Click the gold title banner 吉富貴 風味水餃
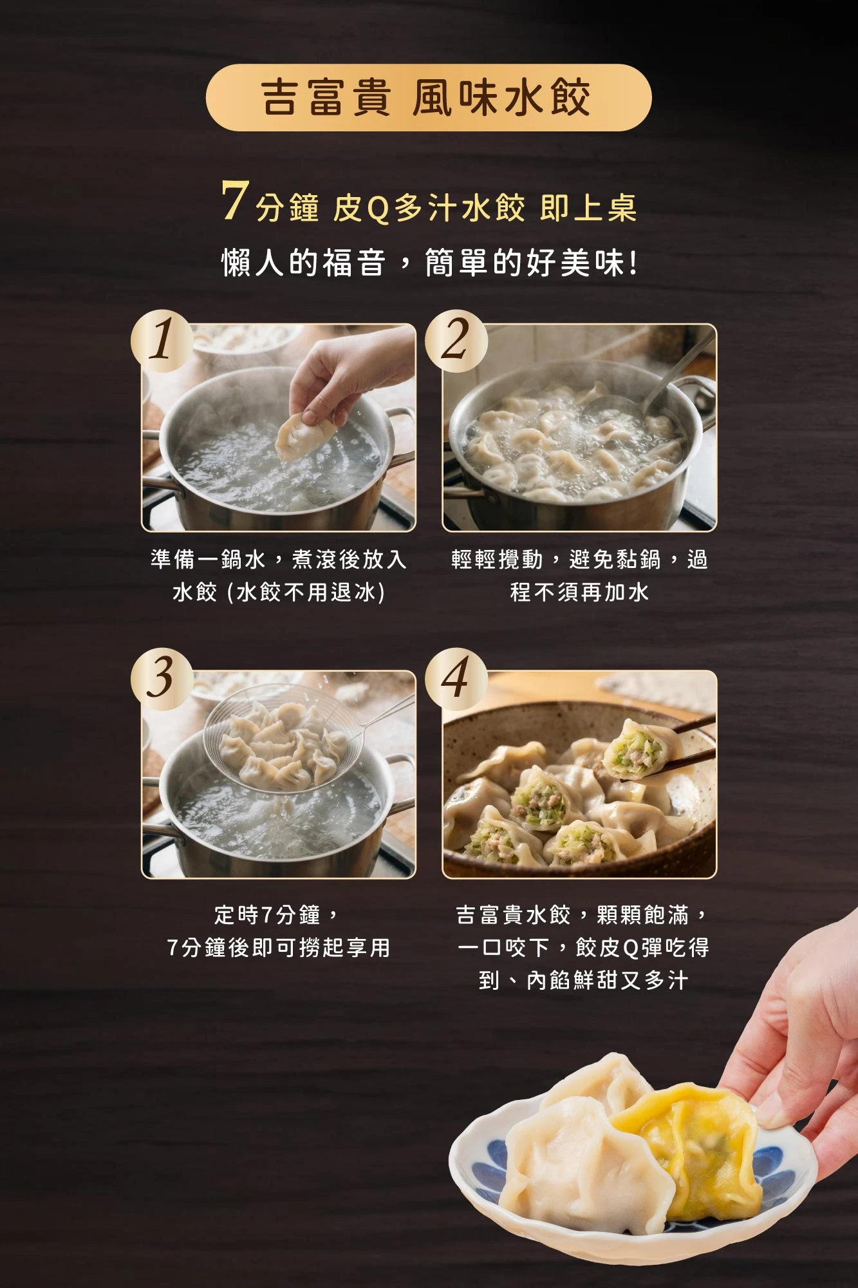click(429, 98)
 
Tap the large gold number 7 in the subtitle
click(235, 200)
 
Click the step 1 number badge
click(162, 341)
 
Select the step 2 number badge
click(456, 341)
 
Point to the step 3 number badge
click(162, 679)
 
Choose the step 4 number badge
click(456, 679)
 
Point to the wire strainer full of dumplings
click(283, 741)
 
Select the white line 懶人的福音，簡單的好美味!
click(430, 263)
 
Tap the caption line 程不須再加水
click(579, 592)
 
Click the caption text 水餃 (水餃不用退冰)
click(279, 592)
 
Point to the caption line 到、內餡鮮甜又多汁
click(584, 980)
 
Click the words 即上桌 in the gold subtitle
click(588, 208)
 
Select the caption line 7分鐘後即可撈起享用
click(279, 947)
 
